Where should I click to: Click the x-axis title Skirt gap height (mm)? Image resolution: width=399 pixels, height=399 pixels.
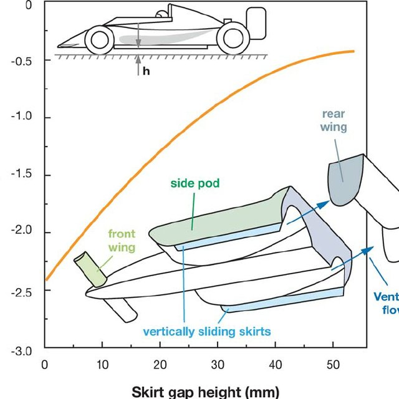pos(206,392)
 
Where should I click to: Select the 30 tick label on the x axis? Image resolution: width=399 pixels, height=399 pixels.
pos(216,364)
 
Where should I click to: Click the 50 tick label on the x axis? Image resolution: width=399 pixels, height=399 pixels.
pos(332,364)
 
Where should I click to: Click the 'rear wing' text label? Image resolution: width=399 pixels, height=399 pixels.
pos(334,120)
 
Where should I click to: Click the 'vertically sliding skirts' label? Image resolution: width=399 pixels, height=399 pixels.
pos(207,332)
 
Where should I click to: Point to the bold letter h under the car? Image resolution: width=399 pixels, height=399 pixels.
pos(147,71)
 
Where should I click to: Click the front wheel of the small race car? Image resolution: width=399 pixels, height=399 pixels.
pos(99,40)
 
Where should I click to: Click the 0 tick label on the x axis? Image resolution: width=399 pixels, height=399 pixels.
pos(44,364)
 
